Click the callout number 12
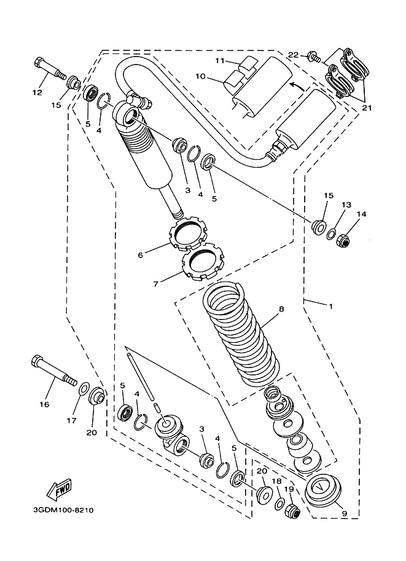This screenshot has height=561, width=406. [36, 92]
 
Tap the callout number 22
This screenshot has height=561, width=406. [293, 55]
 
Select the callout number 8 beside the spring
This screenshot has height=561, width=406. [281, 309]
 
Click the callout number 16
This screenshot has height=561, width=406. [44, 404]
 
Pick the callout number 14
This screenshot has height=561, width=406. [361, 214]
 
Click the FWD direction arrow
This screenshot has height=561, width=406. [58, 490]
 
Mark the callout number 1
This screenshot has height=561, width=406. [330, 306]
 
